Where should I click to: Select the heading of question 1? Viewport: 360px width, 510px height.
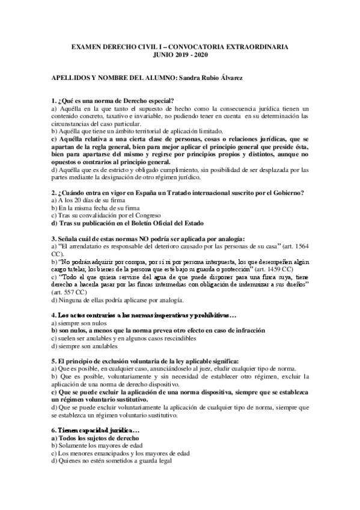coord(113,100)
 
